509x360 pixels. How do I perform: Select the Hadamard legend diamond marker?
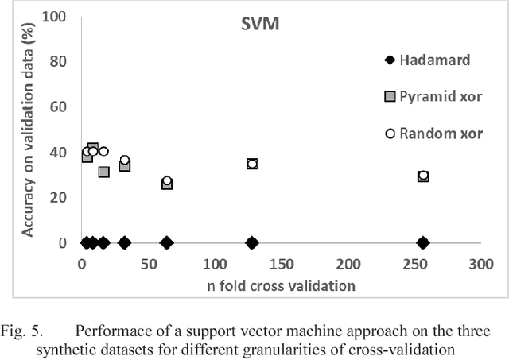[x=389, y=60]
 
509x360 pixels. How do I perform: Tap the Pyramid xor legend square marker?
[x=389, y=96]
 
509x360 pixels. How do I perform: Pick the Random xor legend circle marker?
[x=389, y=133]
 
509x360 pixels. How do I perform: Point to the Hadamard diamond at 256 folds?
[x=423, y=242]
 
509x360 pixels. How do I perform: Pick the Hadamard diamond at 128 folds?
[x=252, y=242]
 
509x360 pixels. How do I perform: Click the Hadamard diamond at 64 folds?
[x=167, y=242]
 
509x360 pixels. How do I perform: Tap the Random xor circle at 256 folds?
[x=423, y=176]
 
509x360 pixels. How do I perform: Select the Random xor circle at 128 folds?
[x=252, y=164]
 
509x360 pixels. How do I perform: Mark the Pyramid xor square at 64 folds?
[x=167, y=184]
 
